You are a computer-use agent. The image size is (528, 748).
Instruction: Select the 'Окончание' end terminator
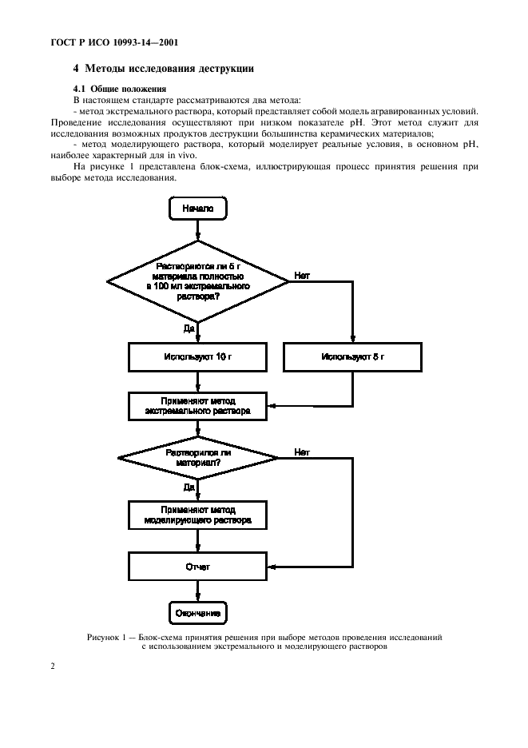197,613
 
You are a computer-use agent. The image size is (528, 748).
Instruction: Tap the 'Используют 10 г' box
197,357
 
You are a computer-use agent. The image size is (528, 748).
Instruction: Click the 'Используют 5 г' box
352,357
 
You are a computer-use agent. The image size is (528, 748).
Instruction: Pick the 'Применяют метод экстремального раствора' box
197,405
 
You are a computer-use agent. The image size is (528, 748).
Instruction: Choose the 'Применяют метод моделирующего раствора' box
197,513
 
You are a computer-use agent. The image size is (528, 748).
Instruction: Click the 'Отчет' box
197,567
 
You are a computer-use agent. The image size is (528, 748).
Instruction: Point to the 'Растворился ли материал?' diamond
197,458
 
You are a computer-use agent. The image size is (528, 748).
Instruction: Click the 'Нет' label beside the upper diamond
302,274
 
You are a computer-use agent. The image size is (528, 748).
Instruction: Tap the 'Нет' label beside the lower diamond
302,452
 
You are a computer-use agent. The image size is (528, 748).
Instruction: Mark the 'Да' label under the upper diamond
189,328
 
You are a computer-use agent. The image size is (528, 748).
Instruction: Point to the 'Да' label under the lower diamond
189,486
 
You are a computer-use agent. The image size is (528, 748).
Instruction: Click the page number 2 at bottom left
53,663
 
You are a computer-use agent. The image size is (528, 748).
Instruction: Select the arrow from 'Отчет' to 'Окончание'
197,591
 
